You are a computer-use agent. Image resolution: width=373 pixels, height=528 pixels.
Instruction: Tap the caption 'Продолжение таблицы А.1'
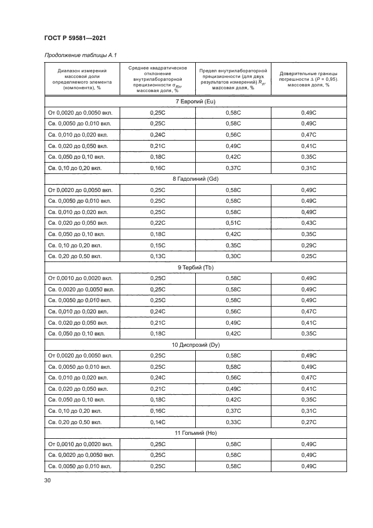click(x=80, y=55)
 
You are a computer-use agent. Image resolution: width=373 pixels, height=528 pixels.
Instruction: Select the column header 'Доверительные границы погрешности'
click(x=309, y=79)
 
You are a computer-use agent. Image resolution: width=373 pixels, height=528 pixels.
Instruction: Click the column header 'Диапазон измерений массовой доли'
click(x=81, y=79)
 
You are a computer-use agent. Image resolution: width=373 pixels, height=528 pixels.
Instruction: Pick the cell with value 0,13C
click(x=157, y=256)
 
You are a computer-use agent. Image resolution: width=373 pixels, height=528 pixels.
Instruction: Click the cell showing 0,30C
click(x=233, y=256)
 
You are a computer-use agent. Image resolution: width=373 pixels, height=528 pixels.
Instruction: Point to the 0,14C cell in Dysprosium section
click(x=157, y=421)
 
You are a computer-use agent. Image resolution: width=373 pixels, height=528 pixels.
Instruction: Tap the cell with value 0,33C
click(x=233, y=421)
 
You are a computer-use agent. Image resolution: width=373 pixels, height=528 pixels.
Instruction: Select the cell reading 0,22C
click(x=157, y=223)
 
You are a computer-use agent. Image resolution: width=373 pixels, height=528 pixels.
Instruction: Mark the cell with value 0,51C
click(x=233, y=223)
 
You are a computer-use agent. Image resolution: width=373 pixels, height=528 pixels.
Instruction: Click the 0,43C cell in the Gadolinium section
click(x=309, y=223)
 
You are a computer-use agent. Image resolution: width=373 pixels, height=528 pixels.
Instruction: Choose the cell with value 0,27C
click(x=309, y=421)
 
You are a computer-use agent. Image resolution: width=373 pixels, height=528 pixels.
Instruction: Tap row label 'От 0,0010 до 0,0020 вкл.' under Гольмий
click(x=80, y=444)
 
